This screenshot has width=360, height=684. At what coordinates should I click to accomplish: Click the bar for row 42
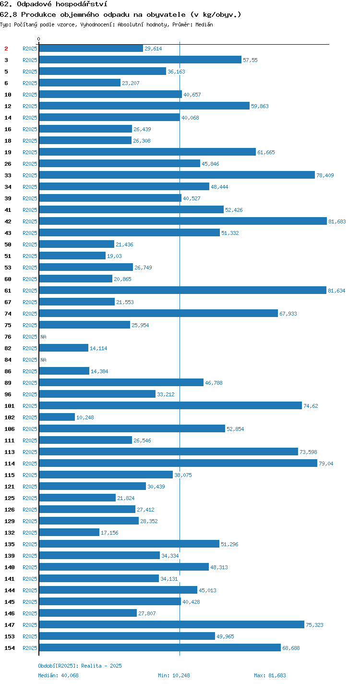coord(183,221)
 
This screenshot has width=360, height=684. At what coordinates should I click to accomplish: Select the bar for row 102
coord(57,417)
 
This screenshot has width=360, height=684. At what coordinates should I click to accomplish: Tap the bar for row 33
coord(177,175)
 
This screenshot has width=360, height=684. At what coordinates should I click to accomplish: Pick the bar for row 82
coord(64,348)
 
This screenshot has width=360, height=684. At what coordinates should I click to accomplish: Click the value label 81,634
coord(336,291)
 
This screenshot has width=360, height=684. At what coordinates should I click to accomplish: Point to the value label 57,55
coord(250,60)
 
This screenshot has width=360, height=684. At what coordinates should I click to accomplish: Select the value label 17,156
coord(109,533)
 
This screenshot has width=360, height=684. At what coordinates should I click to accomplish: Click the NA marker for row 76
coord(43,337)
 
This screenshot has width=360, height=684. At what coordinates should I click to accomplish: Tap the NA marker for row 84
coord(43,360)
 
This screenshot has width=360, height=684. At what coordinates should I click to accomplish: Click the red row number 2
coord(6,49)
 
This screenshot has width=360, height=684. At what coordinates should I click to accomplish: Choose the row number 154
coord(10,648)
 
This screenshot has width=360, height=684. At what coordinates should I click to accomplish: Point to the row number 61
coord(8,291)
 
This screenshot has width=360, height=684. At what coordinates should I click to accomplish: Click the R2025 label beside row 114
coord(30,464)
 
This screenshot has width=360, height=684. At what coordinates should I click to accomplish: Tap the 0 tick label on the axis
coord(39,39)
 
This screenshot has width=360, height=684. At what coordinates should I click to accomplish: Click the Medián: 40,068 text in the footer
coord(58,675)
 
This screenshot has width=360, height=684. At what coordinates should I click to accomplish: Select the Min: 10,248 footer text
coord(174,675)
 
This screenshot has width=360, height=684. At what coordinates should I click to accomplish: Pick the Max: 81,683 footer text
coord(270,675)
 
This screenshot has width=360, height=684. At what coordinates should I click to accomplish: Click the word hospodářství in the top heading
coord(82,4)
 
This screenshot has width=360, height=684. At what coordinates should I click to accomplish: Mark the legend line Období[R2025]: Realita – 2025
coord(80,666)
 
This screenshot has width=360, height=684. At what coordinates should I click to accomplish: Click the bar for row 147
coord(172,624)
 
